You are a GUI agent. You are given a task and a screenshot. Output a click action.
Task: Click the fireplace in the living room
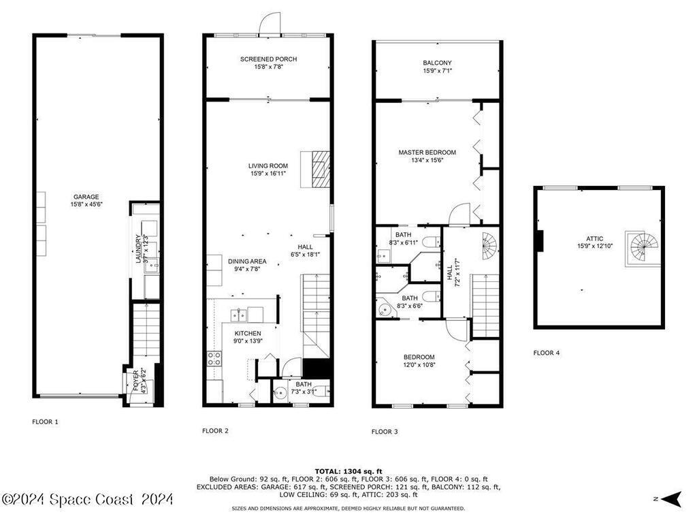point(321,168)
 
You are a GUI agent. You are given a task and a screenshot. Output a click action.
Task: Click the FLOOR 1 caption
point(45,422)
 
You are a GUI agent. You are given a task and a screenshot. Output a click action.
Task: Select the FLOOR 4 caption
point(547,353)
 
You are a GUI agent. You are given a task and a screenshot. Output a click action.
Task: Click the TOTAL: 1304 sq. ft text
point(348,471)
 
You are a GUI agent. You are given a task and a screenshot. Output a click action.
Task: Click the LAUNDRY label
point(138,249)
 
